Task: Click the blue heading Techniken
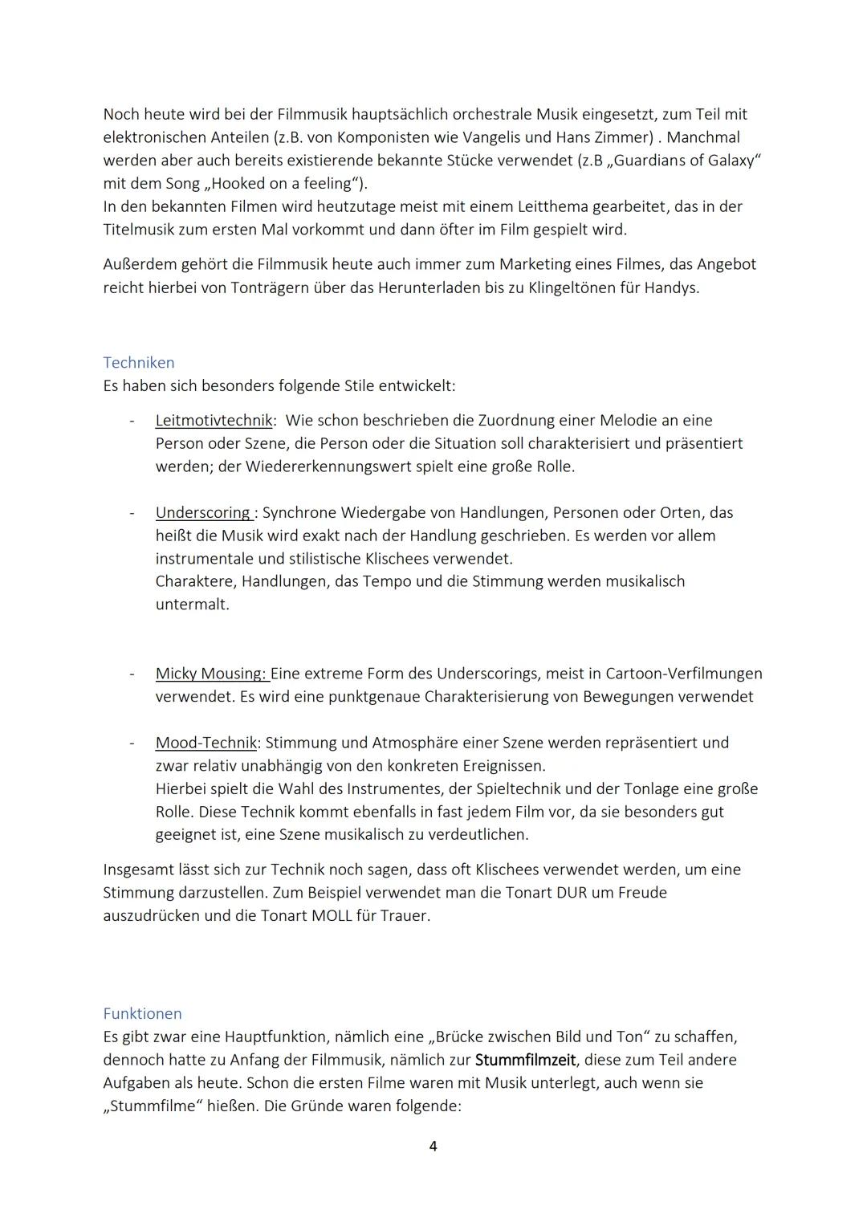point(138,363)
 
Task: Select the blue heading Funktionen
point(142,1014)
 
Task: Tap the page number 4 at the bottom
point(433,1147)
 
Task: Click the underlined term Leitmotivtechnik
point(214,421)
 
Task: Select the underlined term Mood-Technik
point(206,743)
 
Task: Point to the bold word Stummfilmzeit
point(525,1060)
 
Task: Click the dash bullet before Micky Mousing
point(131,674)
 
